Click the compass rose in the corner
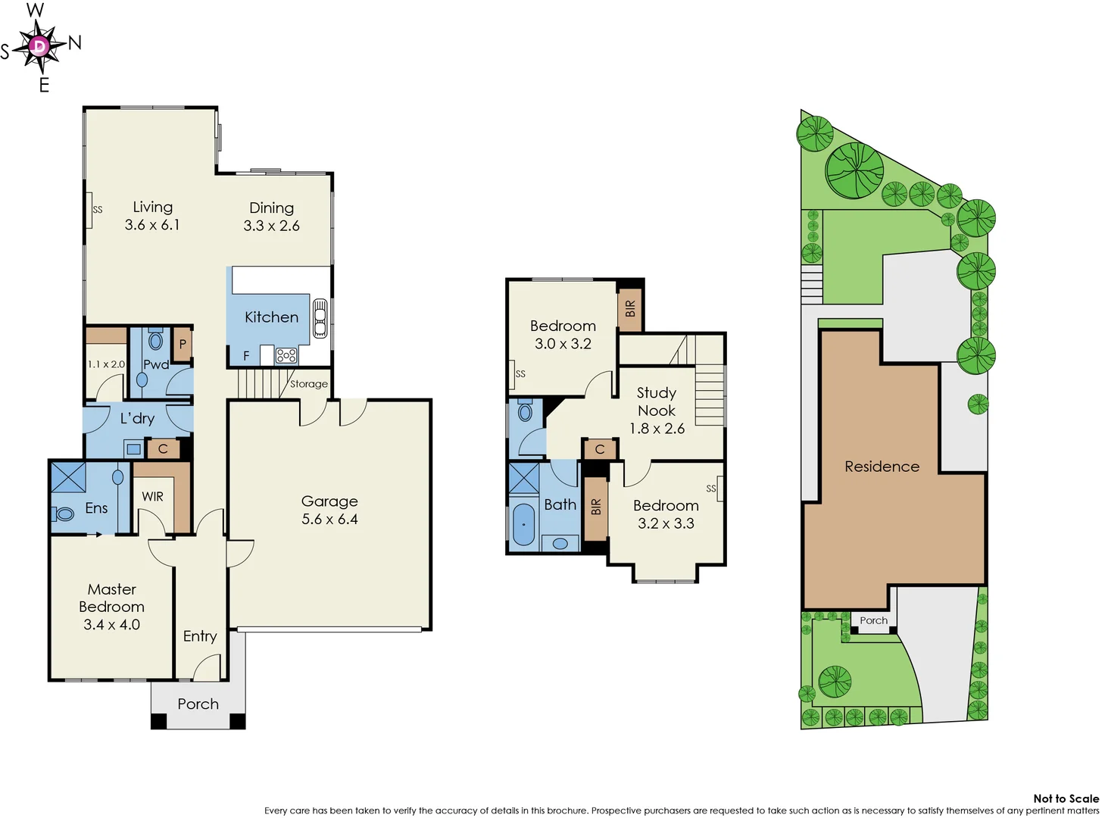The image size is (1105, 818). click(x=39, y=47)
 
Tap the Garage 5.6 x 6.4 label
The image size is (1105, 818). click(x=329, y=510)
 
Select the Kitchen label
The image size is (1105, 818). click(x=271, y=317)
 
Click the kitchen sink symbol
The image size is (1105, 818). click(x=320, y=318)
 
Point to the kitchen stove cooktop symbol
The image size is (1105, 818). click(x=286, y=355)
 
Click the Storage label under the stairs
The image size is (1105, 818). click(x=309, y=384)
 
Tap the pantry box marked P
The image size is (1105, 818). click(x=183, y=345)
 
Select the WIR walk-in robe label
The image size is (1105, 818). click(x=152, y=497)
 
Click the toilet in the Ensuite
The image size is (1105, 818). click(x=64, y=514)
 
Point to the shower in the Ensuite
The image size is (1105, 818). click(x=68, y=477)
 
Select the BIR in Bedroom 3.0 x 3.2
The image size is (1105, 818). click(x=630, y=309)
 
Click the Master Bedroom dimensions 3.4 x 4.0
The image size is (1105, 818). click(x=111, y=625)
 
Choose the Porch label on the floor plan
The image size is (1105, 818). click(x=198, y=704)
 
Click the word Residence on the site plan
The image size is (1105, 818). click(x=882, y=467)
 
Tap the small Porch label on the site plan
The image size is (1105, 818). click(x=873, y=620)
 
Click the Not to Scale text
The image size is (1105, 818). click(x=1066, y=798)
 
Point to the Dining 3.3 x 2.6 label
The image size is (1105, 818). click(x=271, y=217)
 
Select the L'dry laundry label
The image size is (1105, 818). click(x=137, y=418)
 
